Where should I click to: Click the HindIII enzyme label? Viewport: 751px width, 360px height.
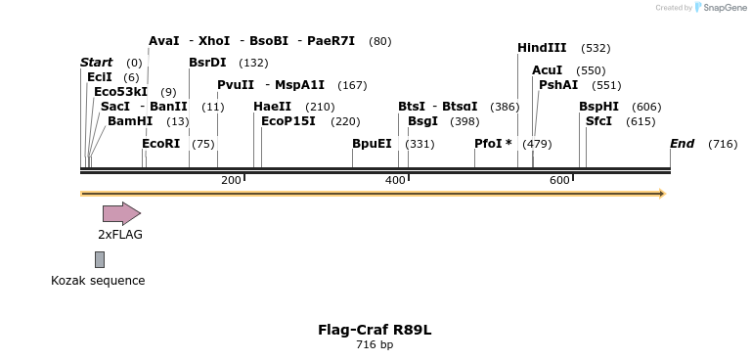point(542,48)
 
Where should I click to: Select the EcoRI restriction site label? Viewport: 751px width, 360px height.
point(161,144)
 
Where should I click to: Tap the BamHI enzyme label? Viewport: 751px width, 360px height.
point(130,121)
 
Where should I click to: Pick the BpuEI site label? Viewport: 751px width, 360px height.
point(372,144)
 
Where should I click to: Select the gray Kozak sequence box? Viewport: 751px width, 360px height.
point(100,259)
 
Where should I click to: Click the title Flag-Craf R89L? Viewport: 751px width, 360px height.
point(375,330)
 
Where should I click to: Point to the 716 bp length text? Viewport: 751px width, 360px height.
point(375,344)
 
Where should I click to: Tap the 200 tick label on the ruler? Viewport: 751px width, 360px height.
point(231,180)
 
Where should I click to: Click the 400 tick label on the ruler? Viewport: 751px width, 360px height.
point(395,180)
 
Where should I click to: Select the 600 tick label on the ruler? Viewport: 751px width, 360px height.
point(559,180)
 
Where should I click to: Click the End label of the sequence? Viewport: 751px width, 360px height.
point(682,144)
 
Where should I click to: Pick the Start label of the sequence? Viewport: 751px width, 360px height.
point(96,63)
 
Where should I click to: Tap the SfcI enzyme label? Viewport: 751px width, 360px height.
point(598,121)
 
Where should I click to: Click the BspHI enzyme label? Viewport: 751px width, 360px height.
point(598,107)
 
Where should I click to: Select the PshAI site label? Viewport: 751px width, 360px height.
point(558,85)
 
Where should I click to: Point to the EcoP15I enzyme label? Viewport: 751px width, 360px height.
point(288,121)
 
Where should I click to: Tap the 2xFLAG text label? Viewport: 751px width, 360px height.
point(120,235)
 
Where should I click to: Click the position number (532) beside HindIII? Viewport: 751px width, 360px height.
point(596,48)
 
